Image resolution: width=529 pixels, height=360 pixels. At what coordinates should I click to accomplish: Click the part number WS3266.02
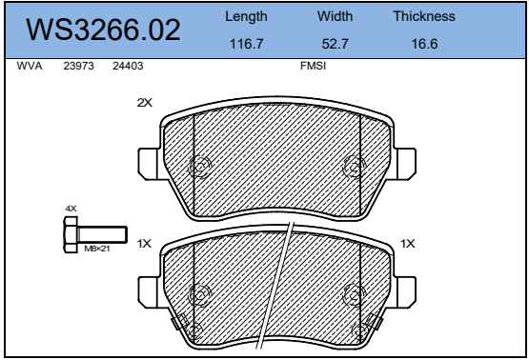(x=103, y=30)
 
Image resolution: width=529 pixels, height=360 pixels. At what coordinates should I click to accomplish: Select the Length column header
(x=246, y=17)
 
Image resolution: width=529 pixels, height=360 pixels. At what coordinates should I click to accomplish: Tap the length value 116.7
(x=246, y=44)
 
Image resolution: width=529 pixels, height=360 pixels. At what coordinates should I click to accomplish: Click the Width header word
(x=335, y=16)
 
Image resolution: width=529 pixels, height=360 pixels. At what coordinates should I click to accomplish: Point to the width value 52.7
(x=335, y=44)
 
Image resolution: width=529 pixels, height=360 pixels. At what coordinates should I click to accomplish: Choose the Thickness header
(x=424, y=16)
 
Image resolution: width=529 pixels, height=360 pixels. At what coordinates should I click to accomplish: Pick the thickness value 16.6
(x=424, y=44)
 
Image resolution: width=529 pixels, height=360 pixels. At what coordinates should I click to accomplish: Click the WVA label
(x=30, y=66)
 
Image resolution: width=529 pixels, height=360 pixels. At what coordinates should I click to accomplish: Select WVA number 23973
(x=78, y=66)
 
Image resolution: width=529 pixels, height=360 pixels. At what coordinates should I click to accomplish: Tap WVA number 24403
(x=128, y=66)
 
